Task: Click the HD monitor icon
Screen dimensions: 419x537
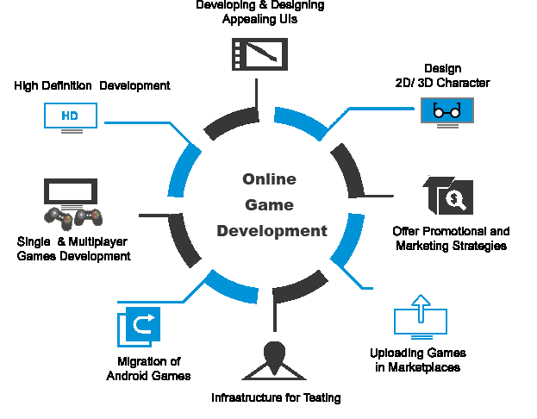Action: coord(71,117)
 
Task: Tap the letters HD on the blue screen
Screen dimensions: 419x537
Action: coord(71,115)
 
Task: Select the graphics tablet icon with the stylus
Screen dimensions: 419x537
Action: coord(259,53)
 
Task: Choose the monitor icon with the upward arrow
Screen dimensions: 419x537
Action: coord(421,317)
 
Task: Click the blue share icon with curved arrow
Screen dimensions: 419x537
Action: coord(140,327)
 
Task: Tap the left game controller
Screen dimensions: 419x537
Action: coord(59,217)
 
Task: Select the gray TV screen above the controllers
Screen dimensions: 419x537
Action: coord(71,191)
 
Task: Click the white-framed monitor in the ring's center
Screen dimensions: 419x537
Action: coord(267,206)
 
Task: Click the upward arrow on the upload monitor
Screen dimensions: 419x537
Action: coord(421,305)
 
